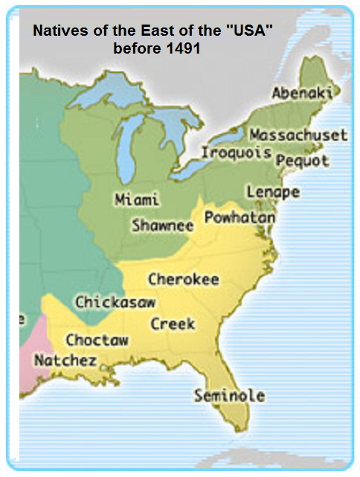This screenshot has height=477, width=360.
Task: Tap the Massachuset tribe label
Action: click(x=298, y=135)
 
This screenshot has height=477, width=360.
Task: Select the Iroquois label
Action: click(x=236, y=153)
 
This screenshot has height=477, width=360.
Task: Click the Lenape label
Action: click(x=272, y=192)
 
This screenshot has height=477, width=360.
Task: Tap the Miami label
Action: click(x=137, y=199)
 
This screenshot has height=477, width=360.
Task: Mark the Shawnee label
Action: click(x=162, y=225)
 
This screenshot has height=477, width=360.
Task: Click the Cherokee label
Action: click(x=183, y=280)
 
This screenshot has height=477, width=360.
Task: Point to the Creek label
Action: click(x=173, y=324)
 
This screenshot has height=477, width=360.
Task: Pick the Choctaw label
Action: click(x=97, y=340)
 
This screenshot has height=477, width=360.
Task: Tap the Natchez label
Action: click(x=65, y=360)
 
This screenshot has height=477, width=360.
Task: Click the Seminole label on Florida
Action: click(x=229, y=396)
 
